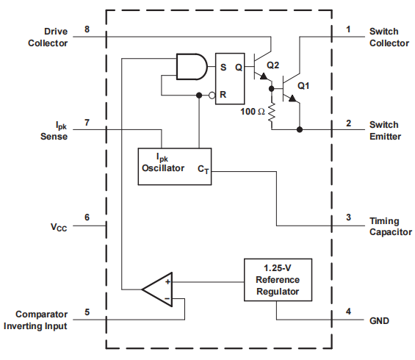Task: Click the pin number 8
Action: pos(87,29)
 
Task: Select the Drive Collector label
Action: pos(48,37)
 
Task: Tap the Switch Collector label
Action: pos(389,37)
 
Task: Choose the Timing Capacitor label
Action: pos(390,226)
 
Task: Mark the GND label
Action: pos(380,321)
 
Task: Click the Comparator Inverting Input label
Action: pos(36,320)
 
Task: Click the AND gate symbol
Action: pos(191,67)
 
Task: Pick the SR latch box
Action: pos(229,79)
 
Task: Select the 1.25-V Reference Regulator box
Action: pos(278,280)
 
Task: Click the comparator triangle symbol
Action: pos(157,289)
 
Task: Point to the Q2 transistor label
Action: pos(273,65)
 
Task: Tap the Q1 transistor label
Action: pos(304,85)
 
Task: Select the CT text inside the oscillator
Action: pos(202,169)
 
